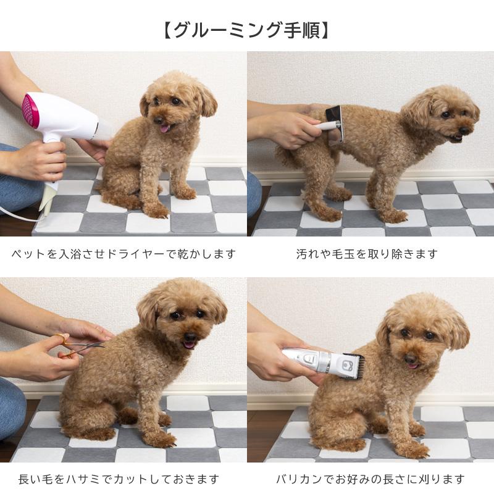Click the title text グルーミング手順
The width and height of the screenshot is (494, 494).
click(247, 30)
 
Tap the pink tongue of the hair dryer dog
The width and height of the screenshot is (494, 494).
click(165, 128)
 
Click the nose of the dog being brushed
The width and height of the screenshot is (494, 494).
click(464, 131)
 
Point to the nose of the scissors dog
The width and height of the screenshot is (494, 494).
click(190, 337)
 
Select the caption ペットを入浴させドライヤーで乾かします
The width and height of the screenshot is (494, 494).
click(124, 254)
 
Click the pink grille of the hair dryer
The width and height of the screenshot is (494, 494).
click(29, 109)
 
